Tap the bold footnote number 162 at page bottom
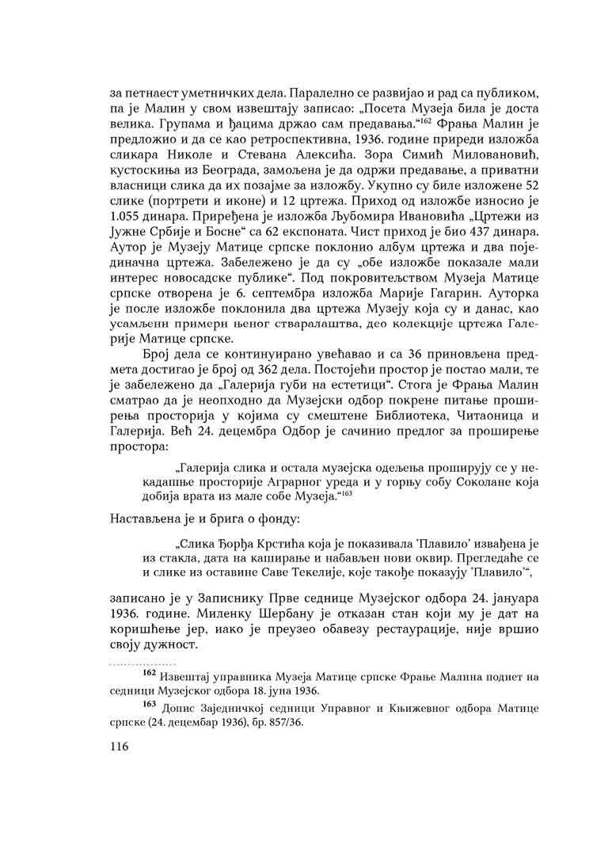[x=148, y=674]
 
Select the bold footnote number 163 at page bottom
[x=148, y=704]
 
